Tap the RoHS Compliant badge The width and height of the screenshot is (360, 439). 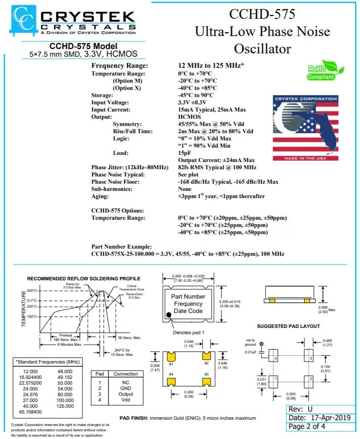tap(321, 70)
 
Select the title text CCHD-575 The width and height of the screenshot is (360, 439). tap(262, 14)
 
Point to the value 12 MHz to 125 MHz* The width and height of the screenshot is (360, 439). tap(211, 65)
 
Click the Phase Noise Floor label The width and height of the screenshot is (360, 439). tap(115, 182)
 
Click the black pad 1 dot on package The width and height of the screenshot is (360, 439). tap(169, 315)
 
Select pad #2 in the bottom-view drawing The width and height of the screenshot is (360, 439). tap(207, 356)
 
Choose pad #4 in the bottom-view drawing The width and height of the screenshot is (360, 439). tap(170, 381)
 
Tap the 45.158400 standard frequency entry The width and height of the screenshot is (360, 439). tap(29, 412)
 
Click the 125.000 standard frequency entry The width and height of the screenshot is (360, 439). tap(64, 406)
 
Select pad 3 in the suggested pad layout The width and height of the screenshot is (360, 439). tap(308, 358)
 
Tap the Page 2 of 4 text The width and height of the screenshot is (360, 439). tap(307, 426)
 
